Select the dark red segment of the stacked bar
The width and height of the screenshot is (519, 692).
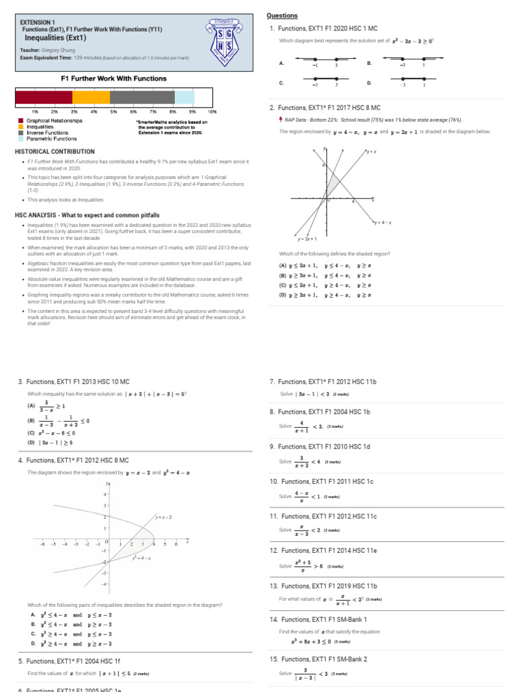coord(43,97)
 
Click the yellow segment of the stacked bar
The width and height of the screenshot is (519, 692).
coord(91,97)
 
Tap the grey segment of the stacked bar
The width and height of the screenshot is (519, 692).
coord(142,97)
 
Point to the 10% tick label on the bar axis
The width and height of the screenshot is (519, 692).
coord(212,111)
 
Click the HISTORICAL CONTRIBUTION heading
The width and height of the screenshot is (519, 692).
coord(55,151)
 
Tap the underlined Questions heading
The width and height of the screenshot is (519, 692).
coord(282,16)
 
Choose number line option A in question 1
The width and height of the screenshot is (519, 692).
coord(325,62)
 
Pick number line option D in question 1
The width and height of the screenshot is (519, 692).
coord(413,83)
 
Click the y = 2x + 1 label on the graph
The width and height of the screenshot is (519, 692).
coord(307,239)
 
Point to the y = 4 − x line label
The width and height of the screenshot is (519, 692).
coord(384,222)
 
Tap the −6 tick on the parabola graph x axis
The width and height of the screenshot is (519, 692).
coord(42,543)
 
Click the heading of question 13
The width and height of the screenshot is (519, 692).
coord(323,586)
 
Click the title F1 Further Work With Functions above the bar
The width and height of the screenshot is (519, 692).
coord(114,78)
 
